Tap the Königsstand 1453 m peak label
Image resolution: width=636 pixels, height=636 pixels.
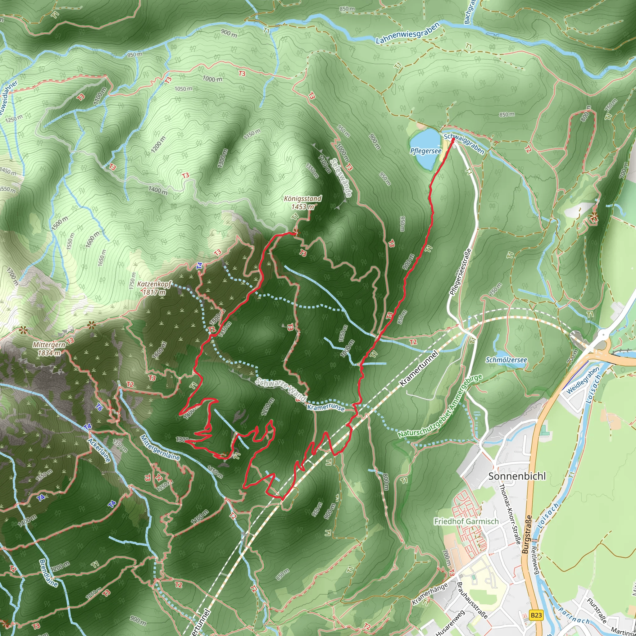tap(302, 203)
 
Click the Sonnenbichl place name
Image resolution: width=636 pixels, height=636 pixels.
tap(517, 476)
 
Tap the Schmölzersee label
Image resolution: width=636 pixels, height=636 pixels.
tap(506, 360)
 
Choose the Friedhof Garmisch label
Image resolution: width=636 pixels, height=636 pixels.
tap(466, 521)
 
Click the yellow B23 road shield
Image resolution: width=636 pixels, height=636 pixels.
tap(536, 615)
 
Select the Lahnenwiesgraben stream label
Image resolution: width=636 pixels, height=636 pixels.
tap(407, 33)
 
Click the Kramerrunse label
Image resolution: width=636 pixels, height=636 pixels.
tap(325, 407)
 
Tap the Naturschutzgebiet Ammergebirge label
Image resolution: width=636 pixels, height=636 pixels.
tap(440, 407)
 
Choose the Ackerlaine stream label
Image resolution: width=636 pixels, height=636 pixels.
tap(99, 450)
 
